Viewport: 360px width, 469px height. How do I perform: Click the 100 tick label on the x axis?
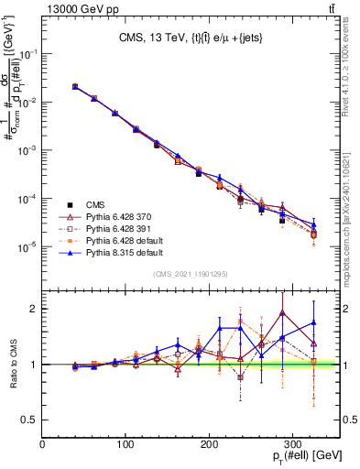click(126, 444)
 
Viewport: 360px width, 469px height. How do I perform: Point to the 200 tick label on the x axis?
click(210, 444)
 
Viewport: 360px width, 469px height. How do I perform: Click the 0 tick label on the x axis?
click(43, 444)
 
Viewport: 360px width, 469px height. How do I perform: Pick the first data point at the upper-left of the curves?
click(75, 86)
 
